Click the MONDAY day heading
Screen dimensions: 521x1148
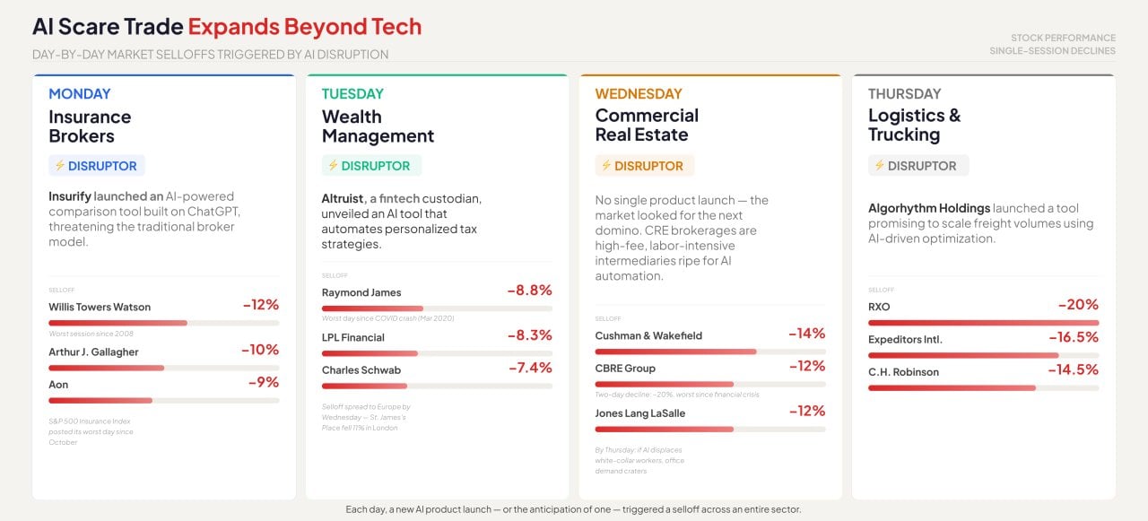pos(80,93)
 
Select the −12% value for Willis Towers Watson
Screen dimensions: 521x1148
pos(260,305)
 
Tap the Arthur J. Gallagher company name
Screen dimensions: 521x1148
pos(93,352)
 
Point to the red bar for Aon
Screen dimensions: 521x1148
pos(100,400)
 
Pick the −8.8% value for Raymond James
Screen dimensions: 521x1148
pos(529,291)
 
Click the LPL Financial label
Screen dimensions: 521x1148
pos(352,337)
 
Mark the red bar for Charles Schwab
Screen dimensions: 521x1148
pos(364,386)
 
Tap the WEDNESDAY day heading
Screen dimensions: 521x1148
pos(638,93)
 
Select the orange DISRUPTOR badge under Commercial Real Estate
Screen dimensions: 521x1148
pos(644,166)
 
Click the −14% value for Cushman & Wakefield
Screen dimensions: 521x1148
pos(806,334)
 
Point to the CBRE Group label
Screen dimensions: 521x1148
pos(625,368)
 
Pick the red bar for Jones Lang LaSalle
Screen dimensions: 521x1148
pos(664,429)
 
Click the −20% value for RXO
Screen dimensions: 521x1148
pos(1078,305)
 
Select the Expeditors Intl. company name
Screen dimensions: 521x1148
pos(905,339)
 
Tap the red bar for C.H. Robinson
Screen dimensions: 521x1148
pos(952,387)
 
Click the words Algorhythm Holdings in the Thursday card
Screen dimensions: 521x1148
pos(928,208)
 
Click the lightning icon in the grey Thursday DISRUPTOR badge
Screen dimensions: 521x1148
pos(879,166)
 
